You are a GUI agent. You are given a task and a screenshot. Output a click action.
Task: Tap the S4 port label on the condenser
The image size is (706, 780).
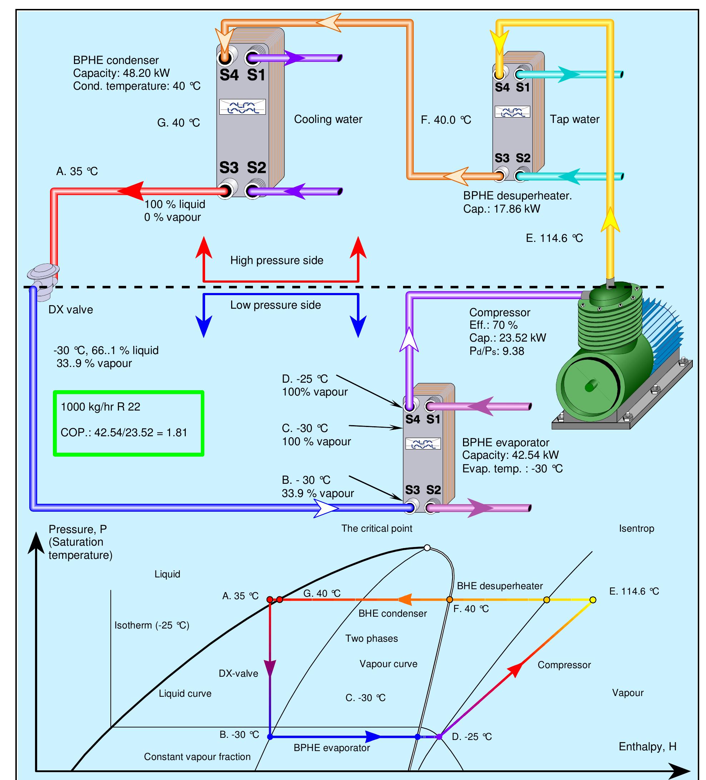point(229,75)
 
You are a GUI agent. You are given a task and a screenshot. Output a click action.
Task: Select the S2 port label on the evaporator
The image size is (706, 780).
point(433,490)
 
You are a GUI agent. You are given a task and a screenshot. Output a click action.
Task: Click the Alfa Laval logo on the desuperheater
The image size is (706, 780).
point(513,112)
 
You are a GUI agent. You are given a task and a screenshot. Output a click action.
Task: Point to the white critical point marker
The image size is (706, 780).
point(427,547)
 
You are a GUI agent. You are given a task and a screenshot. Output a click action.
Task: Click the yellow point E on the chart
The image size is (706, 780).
point(592,600)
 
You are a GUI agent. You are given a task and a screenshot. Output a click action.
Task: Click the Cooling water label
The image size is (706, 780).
point(328,119)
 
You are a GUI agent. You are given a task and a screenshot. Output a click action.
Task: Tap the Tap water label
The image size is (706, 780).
point(575,119)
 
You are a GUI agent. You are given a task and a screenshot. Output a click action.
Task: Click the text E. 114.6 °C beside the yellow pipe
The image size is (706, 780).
point(554,238)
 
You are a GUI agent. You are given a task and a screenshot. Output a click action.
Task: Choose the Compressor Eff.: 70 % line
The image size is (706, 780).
point(493,325)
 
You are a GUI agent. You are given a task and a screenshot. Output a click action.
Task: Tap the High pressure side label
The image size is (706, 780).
point(277,260)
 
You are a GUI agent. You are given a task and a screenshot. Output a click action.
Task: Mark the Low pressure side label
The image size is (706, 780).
point(275,305)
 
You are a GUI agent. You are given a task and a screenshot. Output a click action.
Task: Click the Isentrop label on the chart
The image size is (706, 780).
point(636,528)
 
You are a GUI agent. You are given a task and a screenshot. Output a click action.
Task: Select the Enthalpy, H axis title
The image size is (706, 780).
point(647,746)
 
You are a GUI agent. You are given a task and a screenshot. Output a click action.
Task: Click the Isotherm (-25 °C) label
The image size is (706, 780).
point(151,625)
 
